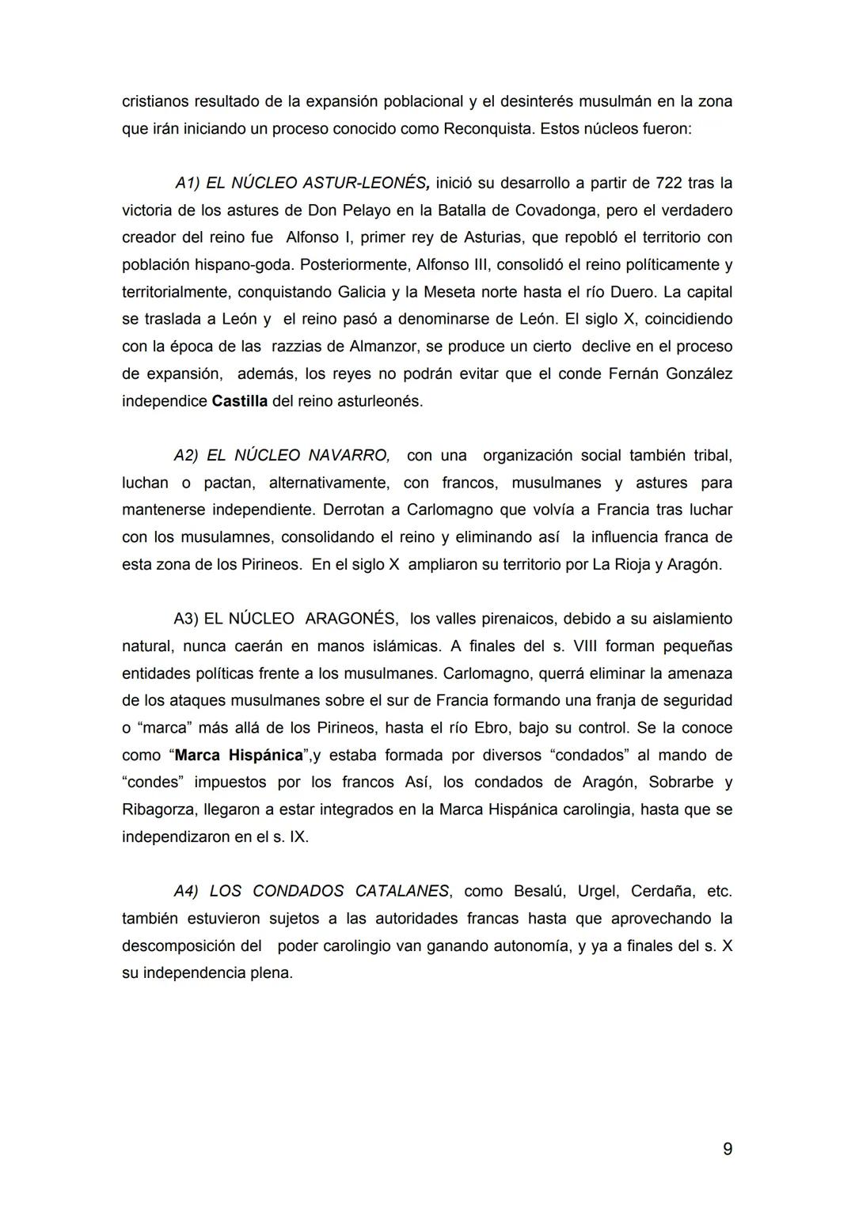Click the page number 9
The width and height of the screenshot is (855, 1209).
coord(727,1149)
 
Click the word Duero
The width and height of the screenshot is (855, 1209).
coord(633,292)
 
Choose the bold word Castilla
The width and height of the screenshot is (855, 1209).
coord(239,401)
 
